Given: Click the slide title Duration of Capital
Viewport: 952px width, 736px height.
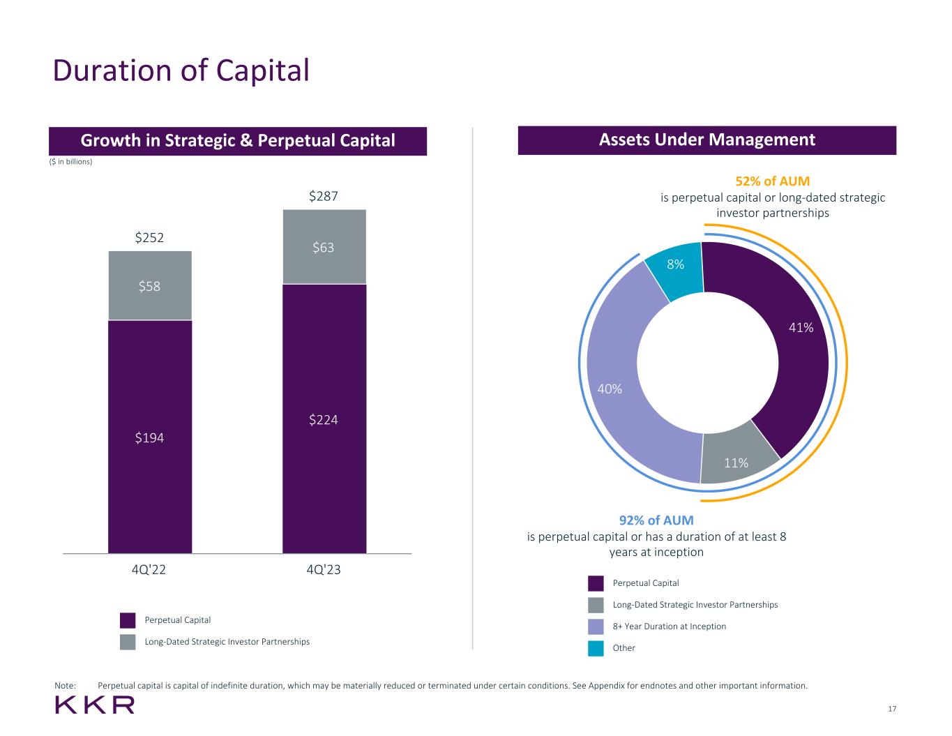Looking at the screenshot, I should tap(181, 70).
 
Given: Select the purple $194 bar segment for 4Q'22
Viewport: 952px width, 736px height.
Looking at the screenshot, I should tap(150, 437).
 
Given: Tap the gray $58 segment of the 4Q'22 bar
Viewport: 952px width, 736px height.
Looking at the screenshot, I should tap(150, 285).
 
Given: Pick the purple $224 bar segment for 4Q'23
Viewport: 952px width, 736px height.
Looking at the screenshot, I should tap(324, 419).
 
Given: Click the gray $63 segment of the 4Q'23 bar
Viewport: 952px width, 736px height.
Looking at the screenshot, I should tap(324, 247).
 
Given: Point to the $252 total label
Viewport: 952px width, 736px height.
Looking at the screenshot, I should tap(149, 238).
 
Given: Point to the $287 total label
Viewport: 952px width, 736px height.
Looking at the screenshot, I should tap(324, 197).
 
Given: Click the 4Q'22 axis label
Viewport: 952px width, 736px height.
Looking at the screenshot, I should tap(149, 570).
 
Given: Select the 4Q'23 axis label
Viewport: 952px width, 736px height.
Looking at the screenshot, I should tap(324, 570).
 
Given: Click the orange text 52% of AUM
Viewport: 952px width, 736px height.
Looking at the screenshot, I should tap(773, 181).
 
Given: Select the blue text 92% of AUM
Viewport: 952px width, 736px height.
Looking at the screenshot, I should tap(656, 520).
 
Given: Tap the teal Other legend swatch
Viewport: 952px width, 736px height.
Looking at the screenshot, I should tap(596, 648).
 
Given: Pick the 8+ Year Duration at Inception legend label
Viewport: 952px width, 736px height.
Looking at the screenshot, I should tap(670, 626).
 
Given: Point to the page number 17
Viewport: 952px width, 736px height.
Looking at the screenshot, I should tap(892, 709).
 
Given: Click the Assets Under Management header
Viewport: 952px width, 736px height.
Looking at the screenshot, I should tap(707, 140).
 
